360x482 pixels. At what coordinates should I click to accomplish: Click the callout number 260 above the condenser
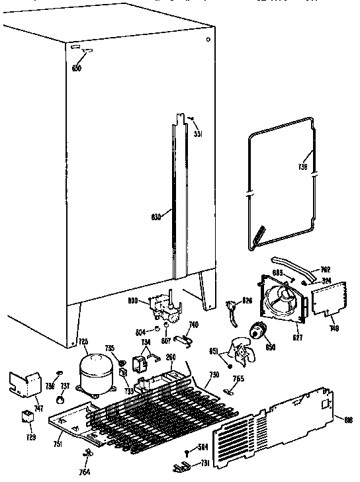[x=171, y=357]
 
